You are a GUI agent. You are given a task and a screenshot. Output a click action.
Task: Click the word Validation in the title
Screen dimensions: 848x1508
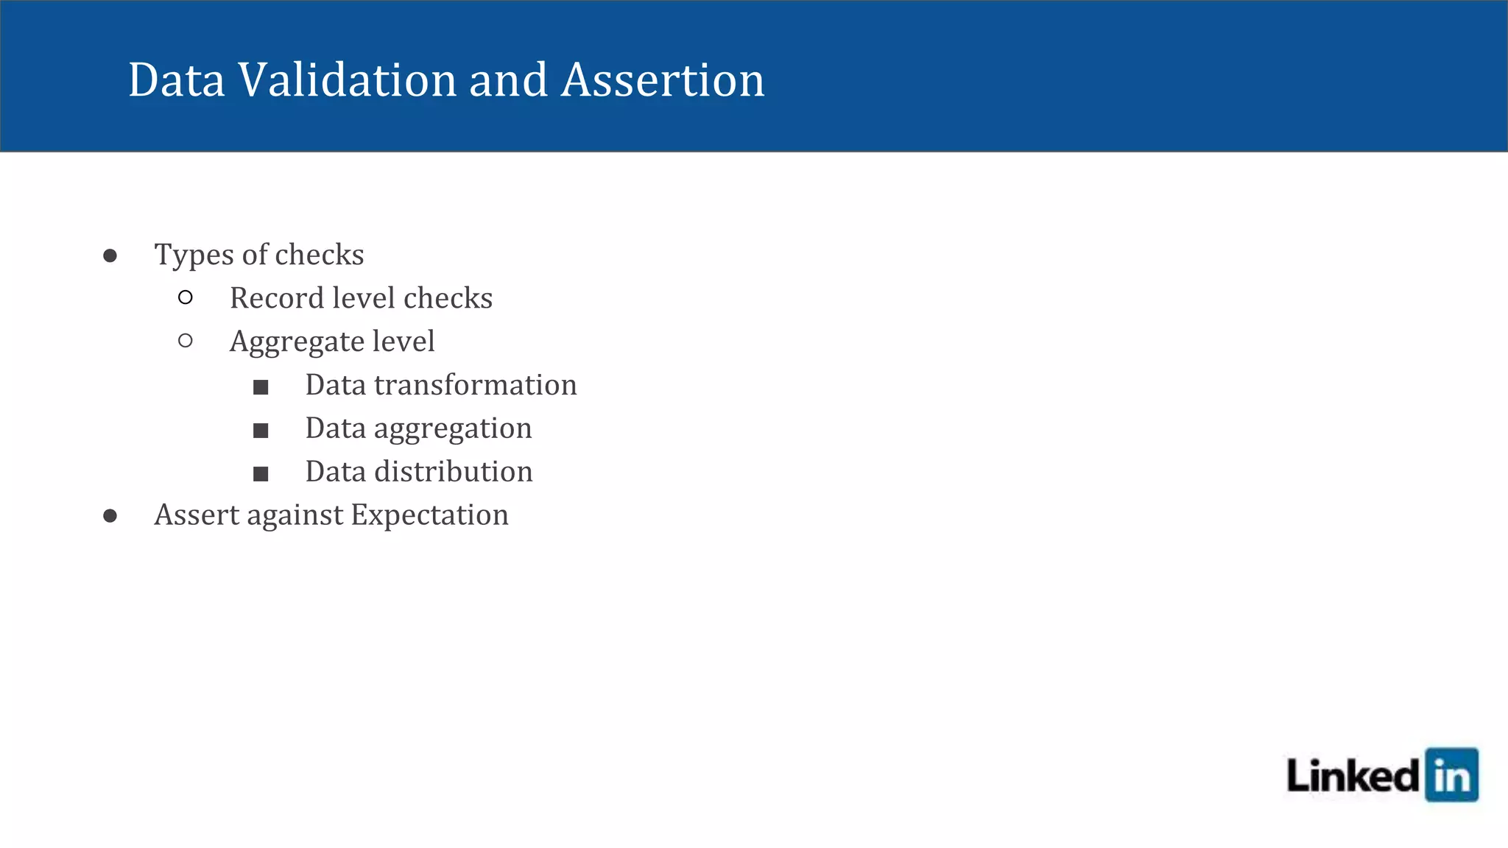347,79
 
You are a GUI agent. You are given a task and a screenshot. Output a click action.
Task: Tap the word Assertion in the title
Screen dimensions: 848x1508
663,79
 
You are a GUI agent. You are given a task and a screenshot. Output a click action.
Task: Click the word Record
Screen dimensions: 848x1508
276,298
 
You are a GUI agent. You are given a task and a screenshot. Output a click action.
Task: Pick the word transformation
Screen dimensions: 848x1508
475,385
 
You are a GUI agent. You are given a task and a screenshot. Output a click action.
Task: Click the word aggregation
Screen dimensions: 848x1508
452,429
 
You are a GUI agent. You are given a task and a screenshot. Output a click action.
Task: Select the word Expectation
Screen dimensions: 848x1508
429,515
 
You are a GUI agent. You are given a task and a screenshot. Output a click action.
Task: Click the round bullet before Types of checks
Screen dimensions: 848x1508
110,255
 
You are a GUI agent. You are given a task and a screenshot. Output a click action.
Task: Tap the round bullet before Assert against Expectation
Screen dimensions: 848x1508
110,516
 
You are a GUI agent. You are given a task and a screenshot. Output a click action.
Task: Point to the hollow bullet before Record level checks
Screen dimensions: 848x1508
186,297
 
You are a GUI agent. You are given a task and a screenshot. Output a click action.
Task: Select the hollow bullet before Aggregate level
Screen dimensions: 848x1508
186,341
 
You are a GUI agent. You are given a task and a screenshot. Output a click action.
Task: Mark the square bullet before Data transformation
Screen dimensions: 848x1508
261,387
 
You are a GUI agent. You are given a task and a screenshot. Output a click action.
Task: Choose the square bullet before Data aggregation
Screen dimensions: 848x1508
261,431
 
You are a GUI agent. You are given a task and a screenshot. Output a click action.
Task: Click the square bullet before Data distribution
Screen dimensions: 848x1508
261,474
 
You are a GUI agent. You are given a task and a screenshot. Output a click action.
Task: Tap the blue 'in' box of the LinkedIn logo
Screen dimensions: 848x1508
1451,775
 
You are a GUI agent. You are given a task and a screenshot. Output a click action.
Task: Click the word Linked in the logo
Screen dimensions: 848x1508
1353,777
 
